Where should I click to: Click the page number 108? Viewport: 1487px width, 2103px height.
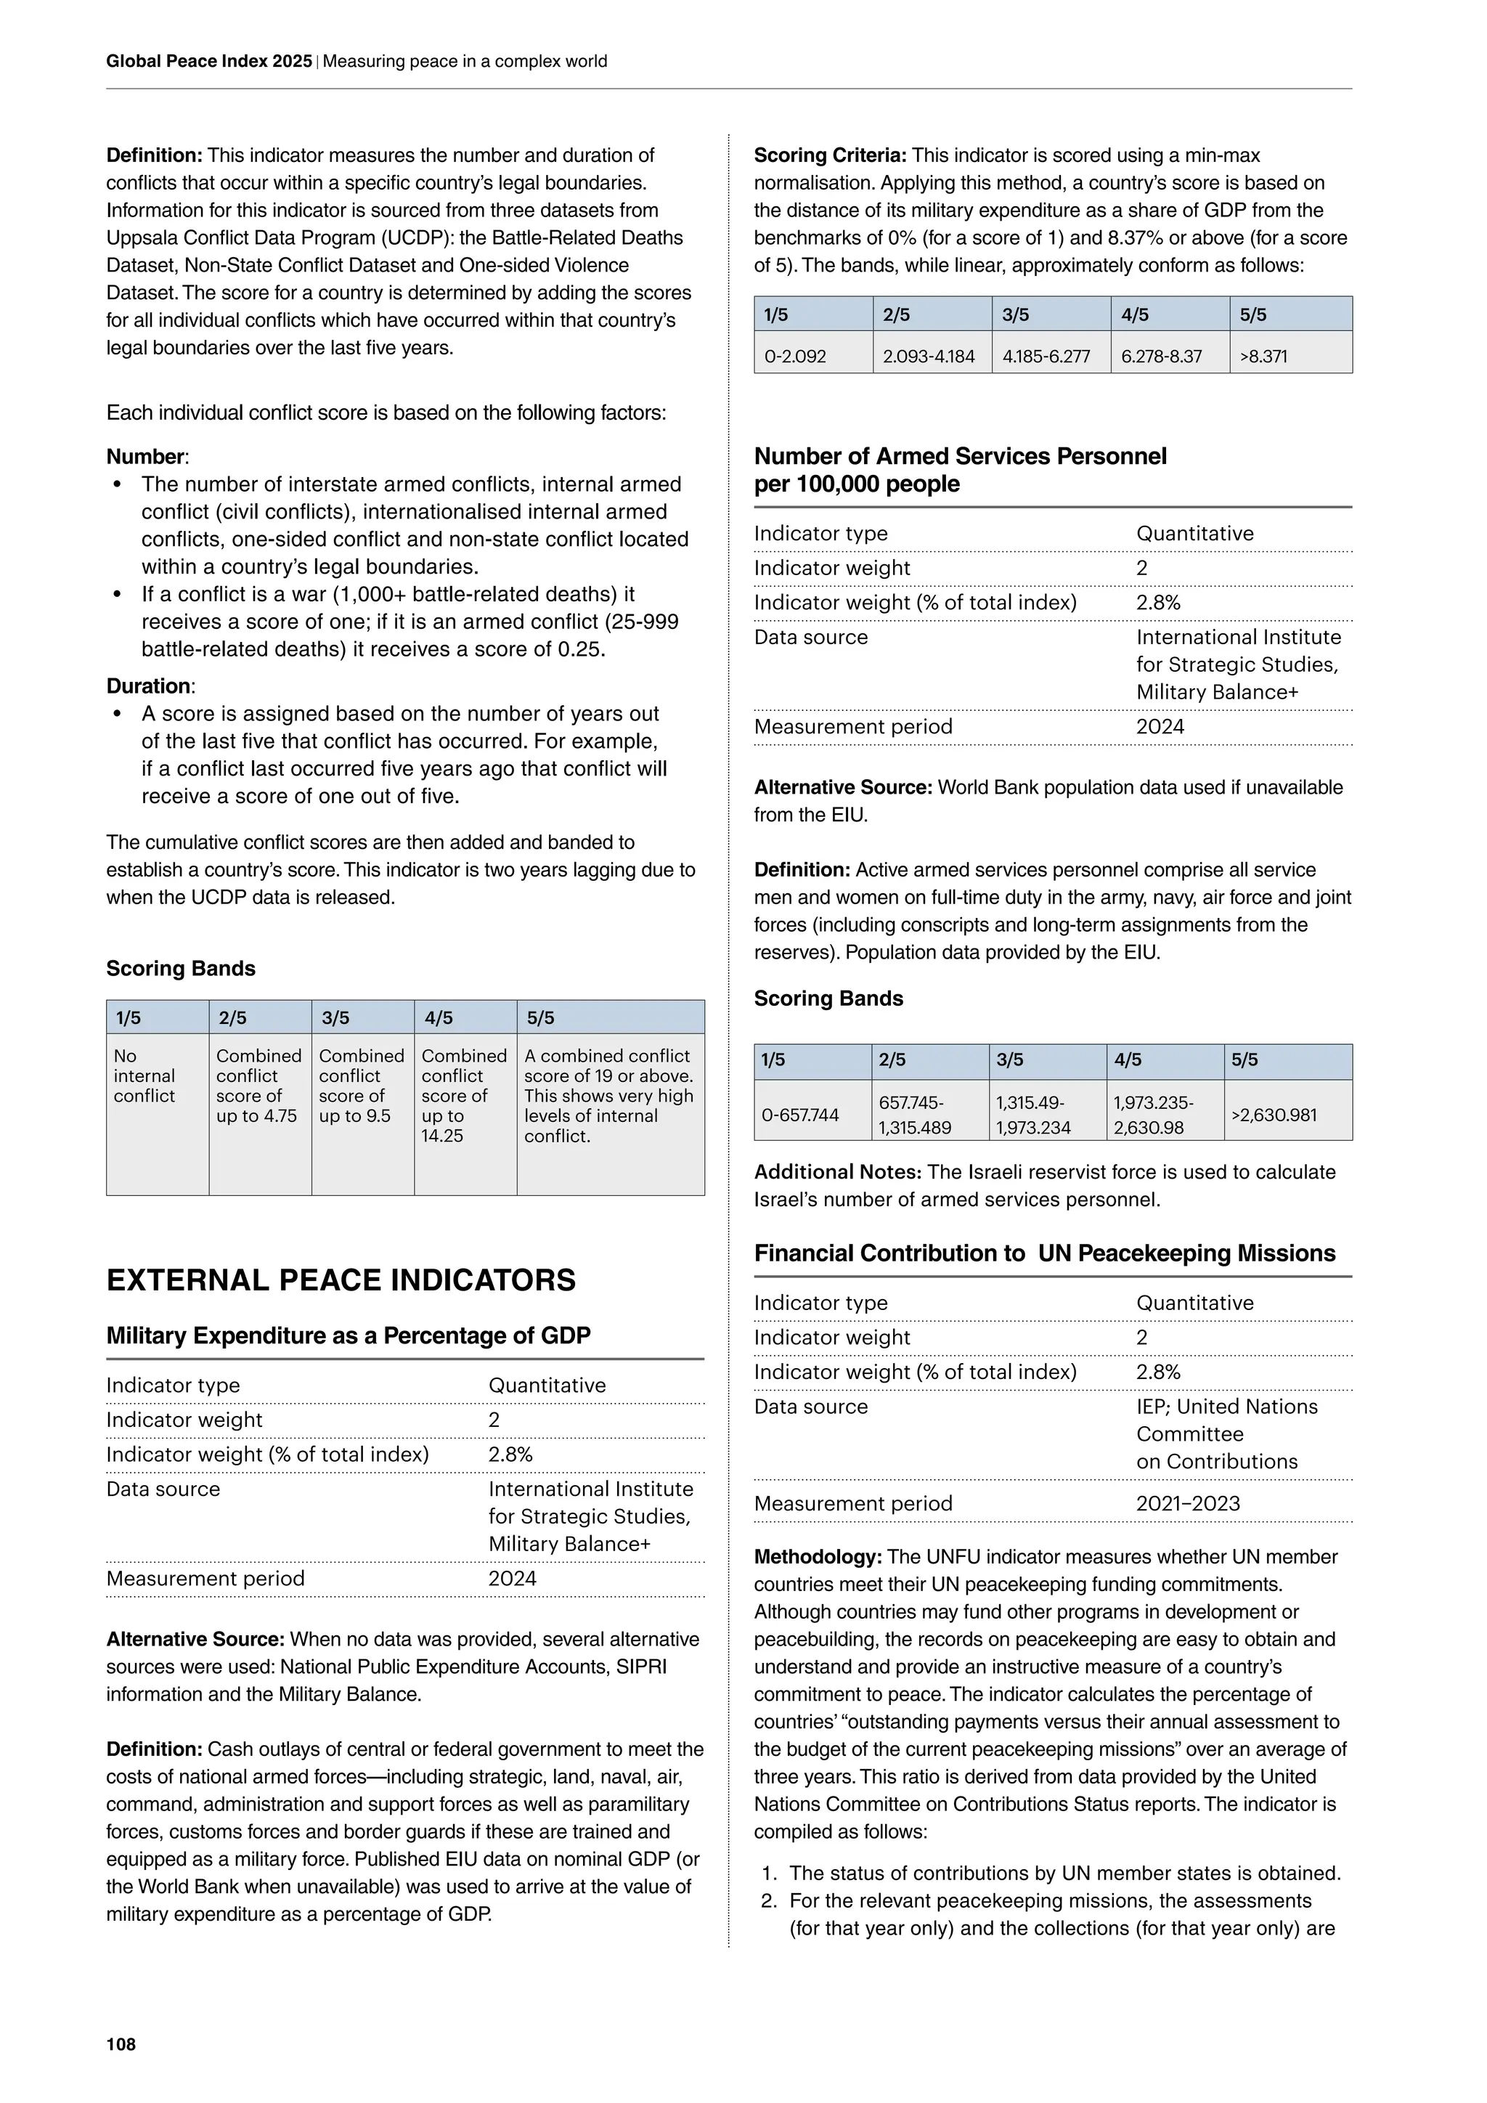121,2044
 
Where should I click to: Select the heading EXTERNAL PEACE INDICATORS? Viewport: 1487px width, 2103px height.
341,1280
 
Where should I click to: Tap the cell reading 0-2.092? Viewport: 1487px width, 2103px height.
795,357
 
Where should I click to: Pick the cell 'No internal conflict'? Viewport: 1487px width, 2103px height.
144,1075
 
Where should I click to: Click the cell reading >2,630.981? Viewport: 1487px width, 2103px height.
1274,1115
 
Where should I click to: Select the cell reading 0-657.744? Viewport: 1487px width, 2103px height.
800,1115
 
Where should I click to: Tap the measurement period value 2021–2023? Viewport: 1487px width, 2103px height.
1188,1503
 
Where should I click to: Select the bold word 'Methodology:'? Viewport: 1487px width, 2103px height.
818,1557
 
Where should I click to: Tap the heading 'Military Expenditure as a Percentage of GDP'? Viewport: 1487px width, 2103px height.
348,1335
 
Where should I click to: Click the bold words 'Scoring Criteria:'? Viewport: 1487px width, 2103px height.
830,155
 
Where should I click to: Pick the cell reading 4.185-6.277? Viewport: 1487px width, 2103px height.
1046,357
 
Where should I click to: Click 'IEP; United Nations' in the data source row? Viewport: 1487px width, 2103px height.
1226,1407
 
